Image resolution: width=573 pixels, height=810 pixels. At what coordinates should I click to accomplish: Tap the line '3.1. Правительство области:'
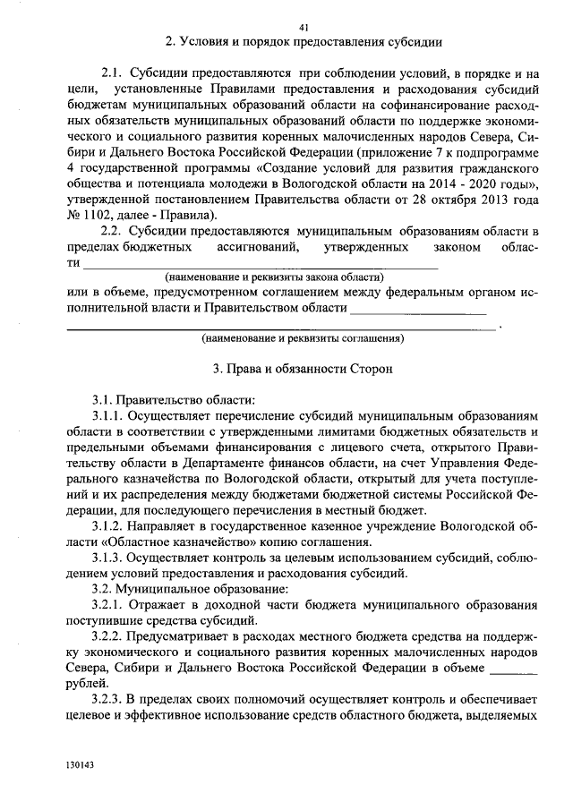[x=174, y=399]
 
